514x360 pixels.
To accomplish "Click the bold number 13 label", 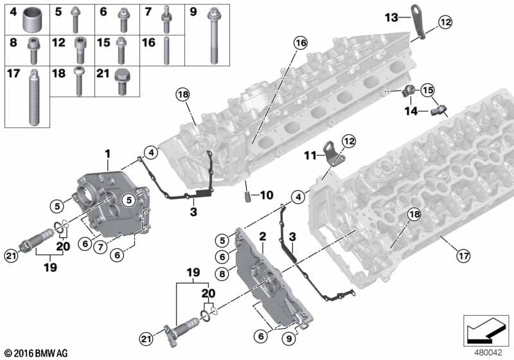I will [391, 17].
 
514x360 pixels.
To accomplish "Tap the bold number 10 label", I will [265, 194].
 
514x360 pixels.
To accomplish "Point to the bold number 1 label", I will [108, 154].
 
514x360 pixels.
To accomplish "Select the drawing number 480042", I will [487, 352].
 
